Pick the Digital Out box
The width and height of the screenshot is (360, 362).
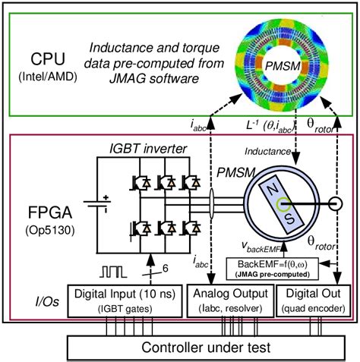(312, 297)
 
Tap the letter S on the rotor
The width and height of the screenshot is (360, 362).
(270, 219)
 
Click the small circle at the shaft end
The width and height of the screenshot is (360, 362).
(333, 204)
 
